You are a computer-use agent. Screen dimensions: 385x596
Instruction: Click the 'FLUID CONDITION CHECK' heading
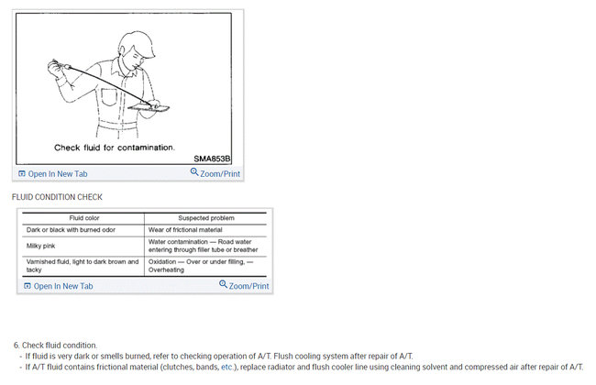point(57,197)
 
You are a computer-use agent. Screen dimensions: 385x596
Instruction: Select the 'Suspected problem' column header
point(205,218)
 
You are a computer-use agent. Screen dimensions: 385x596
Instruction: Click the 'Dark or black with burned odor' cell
point(74,229)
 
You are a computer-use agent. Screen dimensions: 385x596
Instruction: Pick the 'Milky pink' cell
point(45,247)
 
